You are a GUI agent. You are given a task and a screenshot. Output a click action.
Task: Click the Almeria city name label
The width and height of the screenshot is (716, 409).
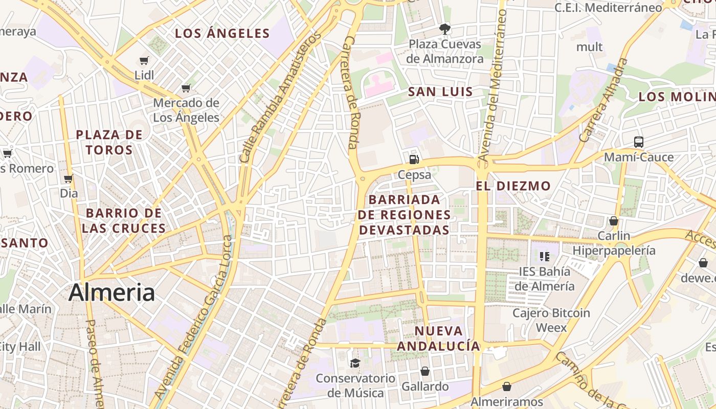click(x=111, y=292)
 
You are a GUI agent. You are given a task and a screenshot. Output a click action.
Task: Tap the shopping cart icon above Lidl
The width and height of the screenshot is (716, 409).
click(x=144, y=61)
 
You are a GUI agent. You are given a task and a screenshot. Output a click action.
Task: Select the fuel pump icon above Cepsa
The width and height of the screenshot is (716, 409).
click(x=414, y=159)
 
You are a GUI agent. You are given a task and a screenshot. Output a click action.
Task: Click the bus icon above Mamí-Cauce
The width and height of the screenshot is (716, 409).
click(x=638, y=142)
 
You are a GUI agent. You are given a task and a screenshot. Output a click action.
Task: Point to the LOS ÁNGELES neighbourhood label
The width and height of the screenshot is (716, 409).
click(x=222, y=34)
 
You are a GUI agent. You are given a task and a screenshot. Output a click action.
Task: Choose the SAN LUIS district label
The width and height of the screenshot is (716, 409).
click(x=440, y=92)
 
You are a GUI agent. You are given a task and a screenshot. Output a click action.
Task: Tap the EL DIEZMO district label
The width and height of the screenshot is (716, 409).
click(x=513, y=186)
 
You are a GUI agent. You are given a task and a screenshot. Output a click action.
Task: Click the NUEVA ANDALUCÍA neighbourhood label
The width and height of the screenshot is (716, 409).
click(x=438, y=338)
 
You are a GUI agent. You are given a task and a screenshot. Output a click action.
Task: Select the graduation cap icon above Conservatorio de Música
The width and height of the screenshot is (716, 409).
click(x=354, y=363)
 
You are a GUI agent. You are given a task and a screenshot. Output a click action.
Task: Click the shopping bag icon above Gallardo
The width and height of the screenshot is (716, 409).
click(x=425, y=371)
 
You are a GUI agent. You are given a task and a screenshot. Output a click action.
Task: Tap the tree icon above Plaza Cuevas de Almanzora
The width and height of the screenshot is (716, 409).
click(x=445, y=29)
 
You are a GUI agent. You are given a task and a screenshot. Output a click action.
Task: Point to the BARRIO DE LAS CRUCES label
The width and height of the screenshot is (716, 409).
click(x=124, y=220)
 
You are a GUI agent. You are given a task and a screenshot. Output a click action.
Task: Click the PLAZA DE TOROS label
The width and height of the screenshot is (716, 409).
click(x=109, y=142)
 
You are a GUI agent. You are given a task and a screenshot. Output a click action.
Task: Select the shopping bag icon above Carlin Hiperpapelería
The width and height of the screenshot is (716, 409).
click(x=613, y=221)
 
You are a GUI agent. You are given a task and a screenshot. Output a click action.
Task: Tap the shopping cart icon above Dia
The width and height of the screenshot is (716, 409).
click(x=69, y=179)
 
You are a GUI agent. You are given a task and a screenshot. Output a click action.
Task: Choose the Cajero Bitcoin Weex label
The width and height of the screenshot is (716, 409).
click(x=551, y=320)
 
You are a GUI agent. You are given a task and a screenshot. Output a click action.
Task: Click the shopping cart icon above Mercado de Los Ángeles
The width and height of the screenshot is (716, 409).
click(x=186, y=88)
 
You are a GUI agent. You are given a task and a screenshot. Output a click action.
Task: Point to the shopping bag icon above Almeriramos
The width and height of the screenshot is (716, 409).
click(x=506, y=387)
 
